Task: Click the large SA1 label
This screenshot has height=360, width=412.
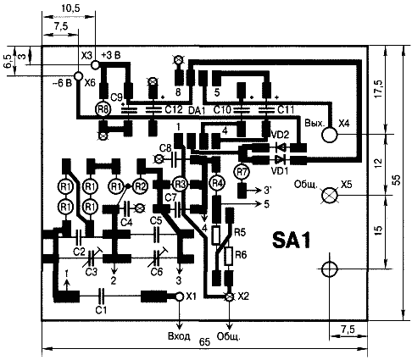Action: (x=292, y=241)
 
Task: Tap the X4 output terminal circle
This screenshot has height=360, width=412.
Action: (x=330, y=135)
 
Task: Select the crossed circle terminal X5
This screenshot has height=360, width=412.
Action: (x=329, y=195)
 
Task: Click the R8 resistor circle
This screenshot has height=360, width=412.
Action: (x=103, y=110)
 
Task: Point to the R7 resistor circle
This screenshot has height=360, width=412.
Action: (x=242, y=171)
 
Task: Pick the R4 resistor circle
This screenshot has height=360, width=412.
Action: (x=216, y=184)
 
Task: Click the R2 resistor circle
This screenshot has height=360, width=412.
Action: (x=141, y=186)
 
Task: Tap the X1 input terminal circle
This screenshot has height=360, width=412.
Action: (x=180, y=296)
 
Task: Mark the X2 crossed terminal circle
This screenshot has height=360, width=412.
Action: (x=229, y=296)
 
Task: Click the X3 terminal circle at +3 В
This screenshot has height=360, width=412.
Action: (x=95, y=64)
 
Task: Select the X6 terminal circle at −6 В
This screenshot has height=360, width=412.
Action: (x=78, y=75)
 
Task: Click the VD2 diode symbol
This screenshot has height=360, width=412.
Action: (x=281, y=147)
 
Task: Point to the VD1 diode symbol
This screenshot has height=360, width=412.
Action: (x=281, y=160)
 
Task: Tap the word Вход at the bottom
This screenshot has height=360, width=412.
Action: (x=179, y=336)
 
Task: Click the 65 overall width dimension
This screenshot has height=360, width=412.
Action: (x=205, y=342)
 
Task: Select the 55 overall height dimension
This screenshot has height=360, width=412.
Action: (x=397, y=180)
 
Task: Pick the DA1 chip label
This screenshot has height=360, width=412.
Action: (x=197, y=110)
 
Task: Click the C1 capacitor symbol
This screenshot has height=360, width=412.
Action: (x=101, y=296)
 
